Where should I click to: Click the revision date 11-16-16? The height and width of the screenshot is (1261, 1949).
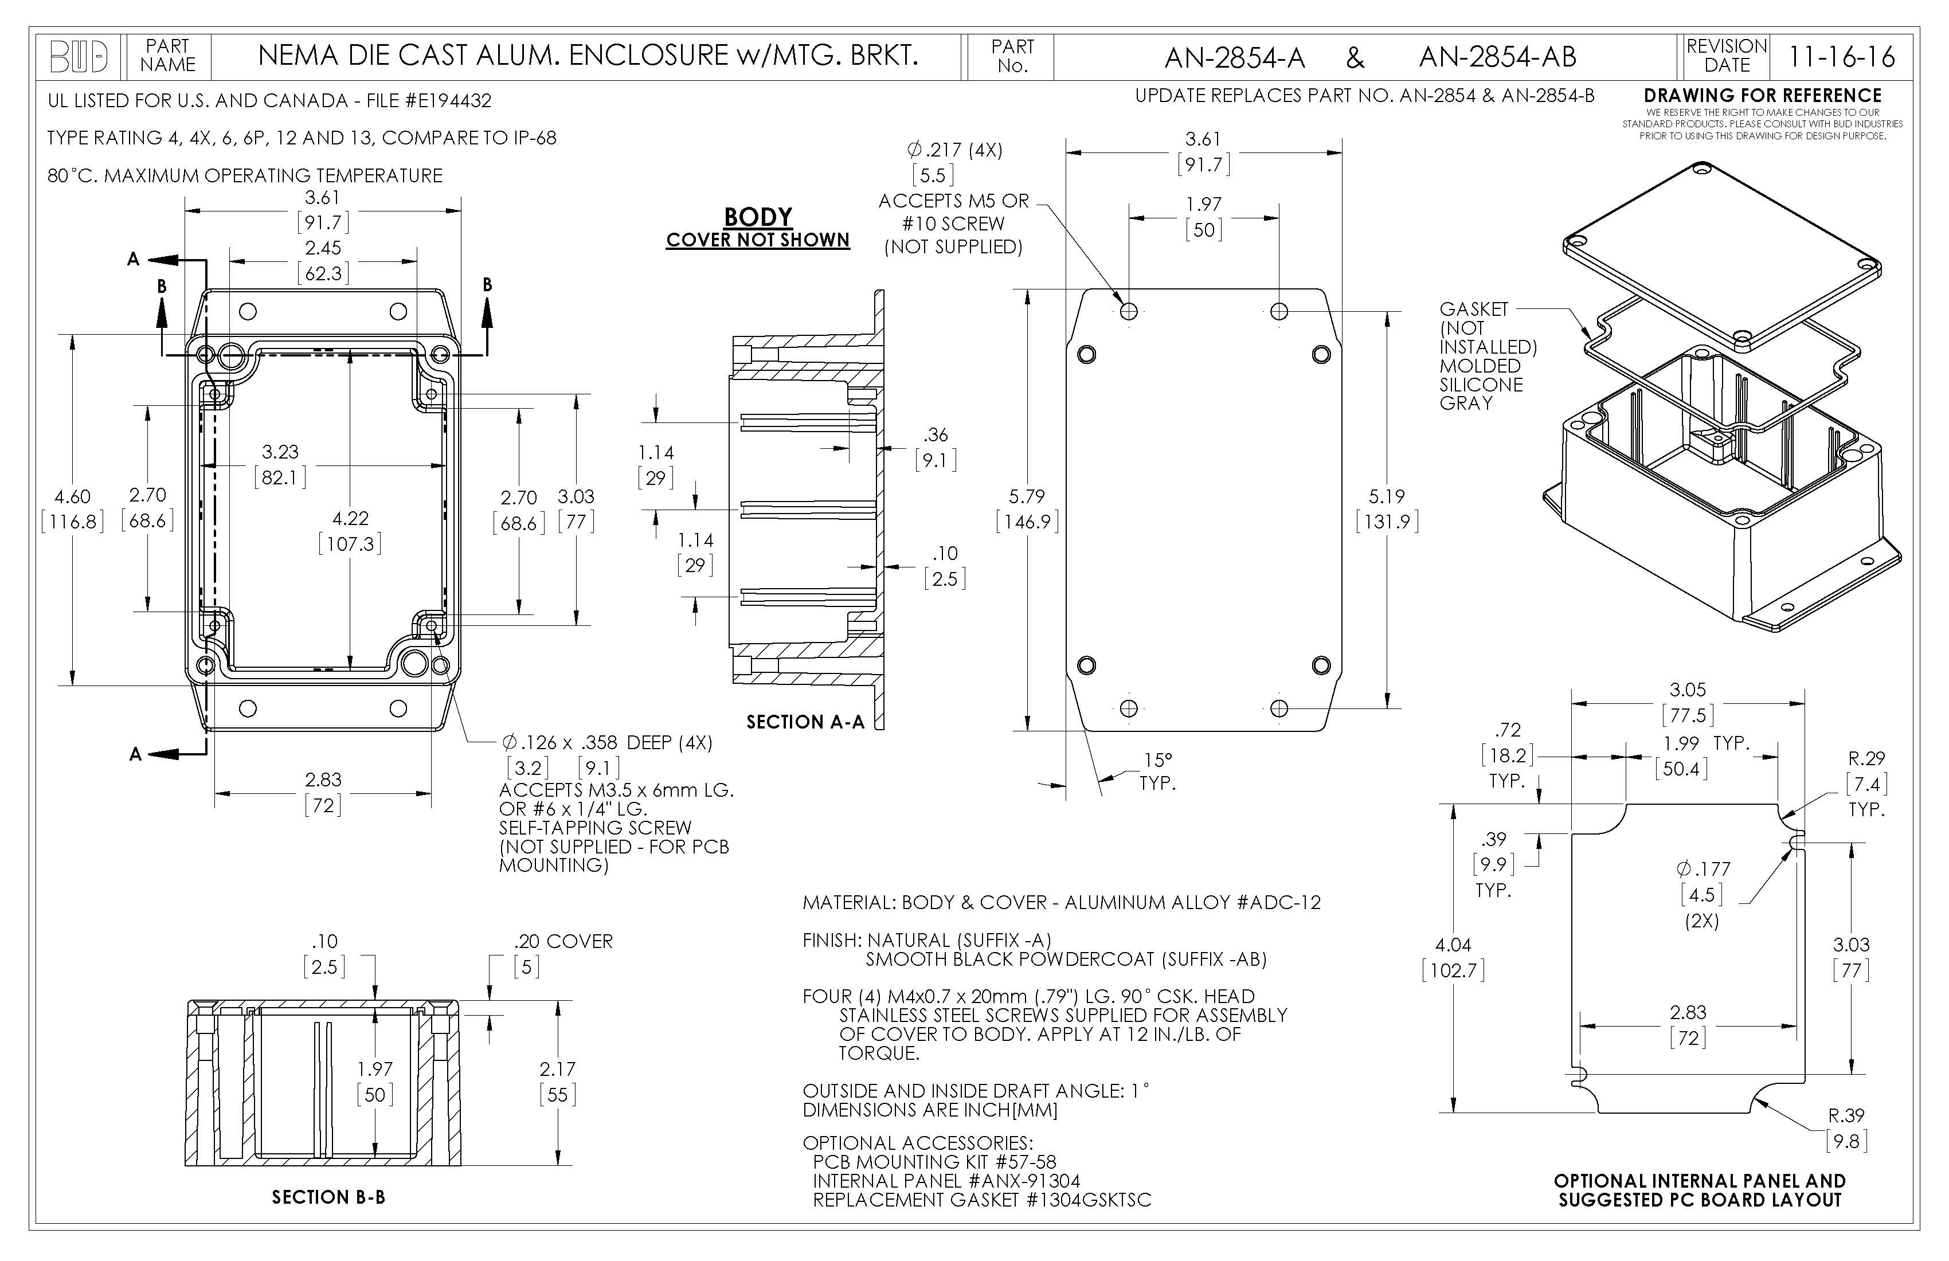(x=1841, y=57)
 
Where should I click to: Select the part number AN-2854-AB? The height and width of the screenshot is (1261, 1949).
(x=1497, y=57)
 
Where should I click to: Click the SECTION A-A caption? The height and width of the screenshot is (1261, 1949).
(x=805, y=722)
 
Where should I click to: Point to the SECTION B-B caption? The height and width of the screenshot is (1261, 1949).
(x=328, y=1197)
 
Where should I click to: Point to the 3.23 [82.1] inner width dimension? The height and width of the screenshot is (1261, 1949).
(x=280, y=464)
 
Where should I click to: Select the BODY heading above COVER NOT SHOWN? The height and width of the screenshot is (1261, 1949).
(x=757, y=217)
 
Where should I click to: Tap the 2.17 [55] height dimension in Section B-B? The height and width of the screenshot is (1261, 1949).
(x=558, y=1081)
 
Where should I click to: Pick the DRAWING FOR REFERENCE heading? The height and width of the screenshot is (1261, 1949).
(x=1762, y=95)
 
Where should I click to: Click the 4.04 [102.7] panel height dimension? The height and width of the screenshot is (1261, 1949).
(x=1453, y=957)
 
